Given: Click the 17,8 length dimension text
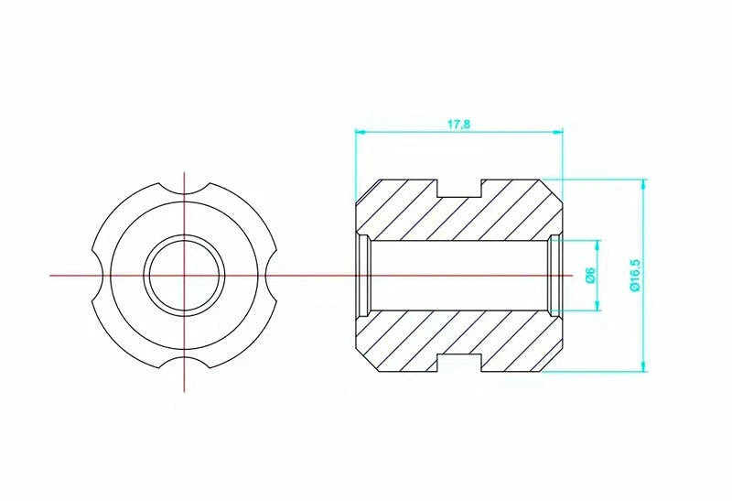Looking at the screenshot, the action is click(459, 125).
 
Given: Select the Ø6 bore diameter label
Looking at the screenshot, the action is click(590, 276).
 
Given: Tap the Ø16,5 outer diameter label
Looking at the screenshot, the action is click(635, 276).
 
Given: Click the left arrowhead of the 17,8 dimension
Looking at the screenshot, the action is click(361, 132).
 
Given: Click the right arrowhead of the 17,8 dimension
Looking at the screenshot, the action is click(558, 132).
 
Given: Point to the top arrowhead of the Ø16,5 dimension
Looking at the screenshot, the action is click(644, 184).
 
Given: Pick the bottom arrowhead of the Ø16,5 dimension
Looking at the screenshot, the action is click(644, 367).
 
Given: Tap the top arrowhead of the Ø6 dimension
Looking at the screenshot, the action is click(597, 245).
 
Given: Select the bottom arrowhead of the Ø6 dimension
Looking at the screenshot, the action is click(597, 305).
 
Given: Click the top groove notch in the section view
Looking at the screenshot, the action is click(459, 188).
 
